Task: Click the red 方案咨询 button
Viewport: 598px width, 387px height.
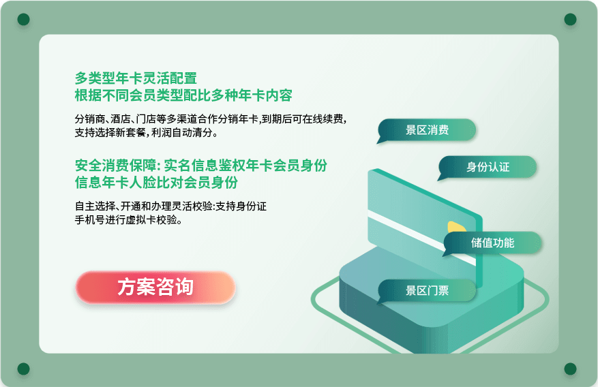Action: point(155,288)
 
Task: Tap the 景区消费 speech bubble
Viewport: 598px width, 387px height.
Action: point(427,130)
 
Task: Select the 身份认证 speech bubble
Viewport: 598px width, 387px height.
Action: point(488,167)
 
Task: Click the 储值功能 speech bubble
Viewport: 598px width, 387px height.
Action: point(492,243)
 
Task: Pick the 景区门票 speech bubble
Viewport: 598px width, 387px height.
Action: point(427,291)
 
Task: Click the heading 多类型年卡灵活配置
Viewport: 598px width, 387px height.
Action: point(136,78)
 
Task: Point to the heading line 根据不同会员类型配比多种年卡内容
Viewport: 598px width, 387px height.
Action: point(183,95)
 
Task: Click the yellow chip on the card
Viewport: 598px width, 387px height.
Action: point(456,227)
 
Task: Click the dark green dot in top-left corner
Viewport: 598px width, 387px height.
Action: point(24,19)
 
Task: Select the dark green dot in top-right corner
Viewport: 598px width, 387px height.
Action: point(570,19)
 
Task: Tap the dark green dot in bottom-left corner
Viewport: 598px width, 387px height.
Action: point(24,369)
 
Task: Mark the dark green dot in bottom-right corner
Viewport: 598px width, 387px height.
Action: point(570,369)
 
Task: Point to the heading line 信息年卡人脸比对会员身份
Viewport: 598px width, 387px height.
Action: point(156,183)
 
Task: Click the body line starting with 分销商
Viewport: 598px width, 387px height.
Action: point(211,119)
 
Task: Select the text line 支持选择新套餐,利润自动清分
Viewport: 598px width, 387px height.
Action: point(146,133)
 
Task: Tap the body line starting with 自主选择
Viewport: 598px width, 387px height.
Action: point(170,206)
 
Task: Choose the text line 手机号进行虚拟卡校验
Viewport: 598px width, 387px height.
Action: point(128,220)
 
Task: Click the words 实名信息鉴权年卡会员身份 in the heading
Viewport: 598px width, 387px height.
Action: point(245,166)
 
